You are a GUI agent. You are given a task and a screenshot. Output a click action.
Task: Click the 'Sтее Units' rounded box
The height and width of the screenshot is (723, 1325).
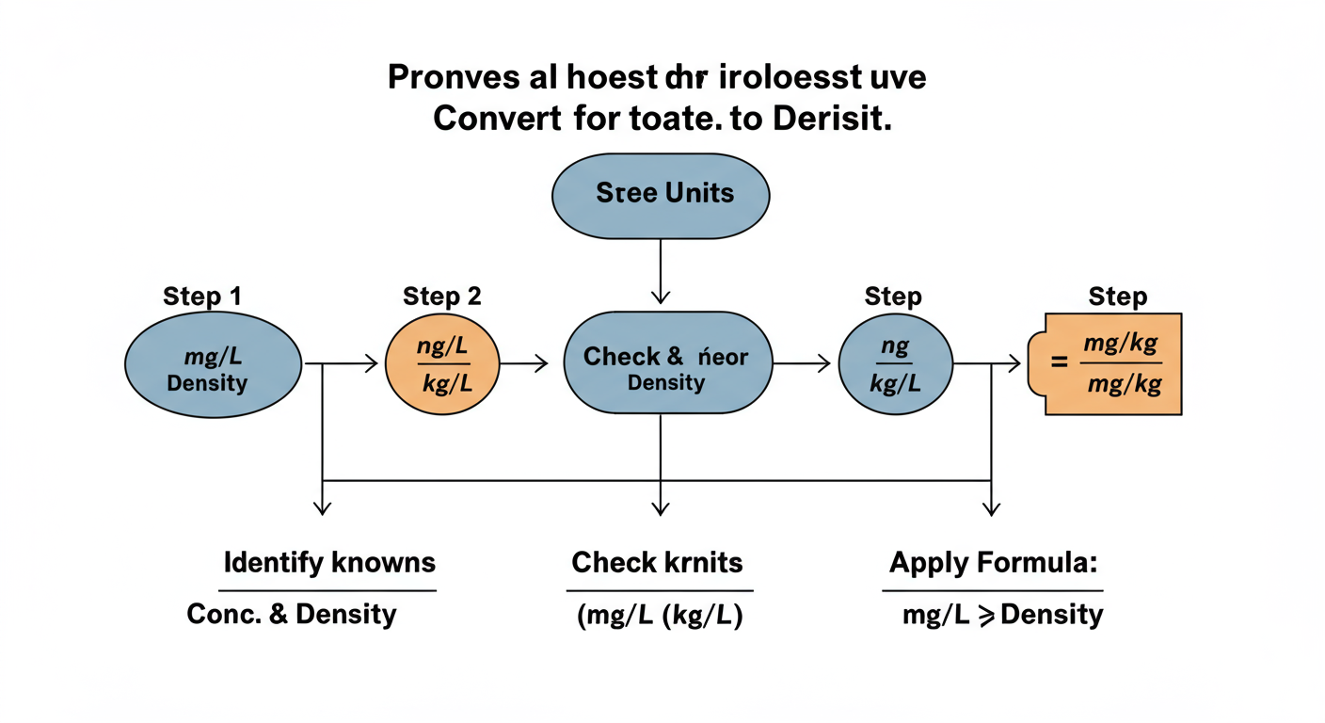661,194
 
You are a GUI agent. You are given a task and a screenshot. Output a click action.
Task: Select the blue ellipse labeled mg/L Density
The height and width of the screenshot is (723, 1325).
213,365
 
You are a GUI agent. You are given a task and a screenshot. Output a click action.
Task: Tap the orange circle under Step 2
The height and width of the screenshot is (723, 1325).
442,364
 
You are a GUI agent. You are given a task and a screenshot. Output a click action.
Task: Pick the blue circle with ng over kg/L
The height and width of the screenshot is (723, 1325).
895,365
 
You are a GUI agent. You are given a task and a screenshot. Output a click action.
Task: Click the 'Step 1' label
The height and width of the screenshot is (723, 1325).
202,297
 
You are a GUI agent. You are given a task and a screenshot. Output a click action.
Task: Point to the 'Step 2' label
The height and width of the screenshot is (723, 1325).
442,297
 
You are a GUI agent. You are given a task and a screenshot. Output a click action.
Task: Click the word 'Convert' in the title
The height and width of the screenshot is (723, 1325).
493,120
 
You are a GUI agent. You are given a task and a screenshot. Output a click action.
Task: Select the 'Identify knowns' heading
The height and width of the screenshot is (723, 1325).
329,563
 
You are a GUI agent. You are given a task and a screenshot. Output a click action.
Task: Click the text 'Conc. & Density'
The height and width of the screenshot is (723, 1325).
292,615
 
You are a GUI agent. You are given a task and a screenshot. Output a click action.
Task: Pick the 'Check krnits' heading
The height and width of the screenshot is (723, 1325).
657,563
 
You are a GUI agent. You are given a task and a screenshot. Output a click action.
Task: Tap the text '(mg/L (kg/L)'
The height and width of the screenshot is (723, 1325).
659,617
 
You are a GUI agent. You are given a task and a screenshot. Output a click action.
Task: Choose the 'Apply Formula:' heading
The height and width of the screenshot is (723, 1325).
993,563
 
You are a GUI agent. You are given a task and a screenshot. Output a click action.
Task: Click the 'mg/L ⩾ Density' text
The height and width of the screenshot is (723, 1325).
1002,615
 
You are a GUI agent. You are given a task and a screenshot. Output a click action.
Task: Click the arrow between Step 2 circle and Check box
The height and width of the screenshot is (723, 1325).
523,364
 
